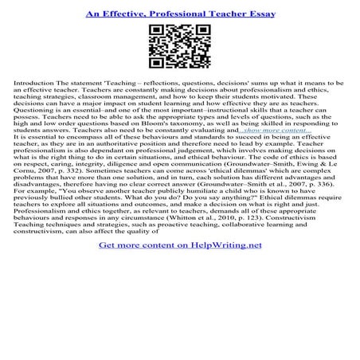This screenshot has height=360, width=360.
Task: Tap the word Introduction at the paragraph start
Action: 29,83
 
